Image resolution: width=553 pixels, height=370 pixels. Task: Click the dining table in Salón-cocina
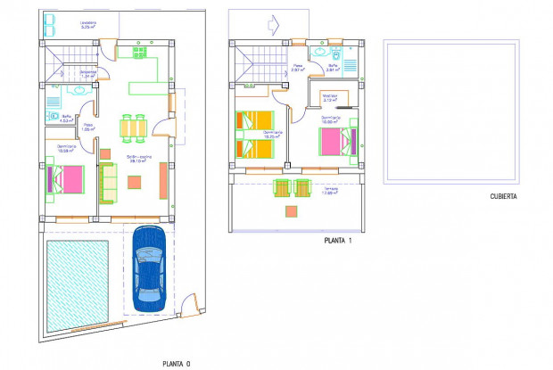(133, 128)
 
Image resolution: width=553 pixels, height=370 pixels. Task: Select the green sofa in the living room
(107, 183)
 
